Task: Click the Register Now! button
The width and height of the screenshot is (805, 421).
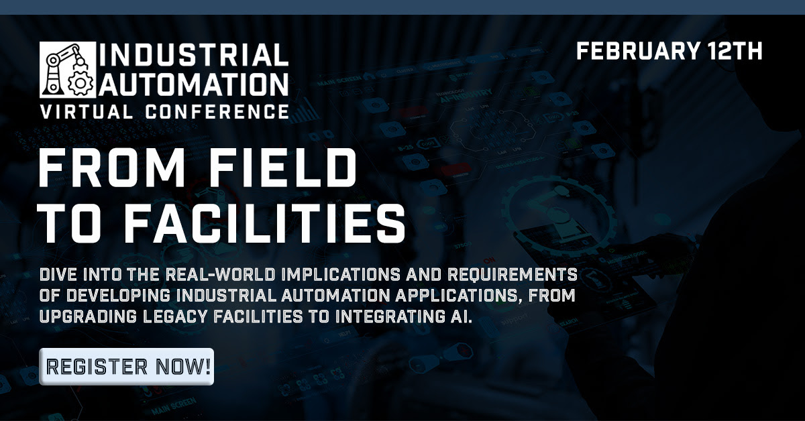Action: pos(127,367)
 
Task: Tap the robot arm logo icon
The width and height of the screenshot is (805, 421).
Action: pos(68,70)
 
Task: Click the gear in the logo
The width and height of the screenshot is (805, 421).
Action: pos(80,83)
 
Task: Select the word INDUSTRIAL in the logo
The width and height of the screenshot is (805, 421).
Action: pos(194,55)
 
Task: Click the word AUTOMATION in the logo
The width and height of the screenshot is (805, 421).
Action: pos(194,84)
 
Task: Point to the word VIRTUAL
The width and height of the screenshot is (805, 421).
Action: pos(87,112)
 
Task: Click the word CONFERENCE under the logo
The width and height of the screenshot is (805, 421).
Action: pos(217,112)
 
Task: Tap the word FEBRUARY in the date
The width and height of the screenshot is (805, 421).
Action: pos(638,51)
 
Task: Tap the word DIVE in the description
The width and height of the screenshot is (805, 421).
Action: pos(58,275)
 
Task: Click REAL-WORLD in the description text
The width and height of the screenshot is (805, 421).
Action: pos(220,275)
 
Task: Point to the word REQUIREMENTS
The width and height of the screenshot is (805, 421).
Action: pos(513,275)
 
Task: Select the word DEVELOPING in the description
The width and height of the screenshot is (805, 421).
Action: pos(118,296)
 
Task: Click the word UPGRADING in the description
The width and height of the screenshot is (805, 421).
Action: pos(88,316)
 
